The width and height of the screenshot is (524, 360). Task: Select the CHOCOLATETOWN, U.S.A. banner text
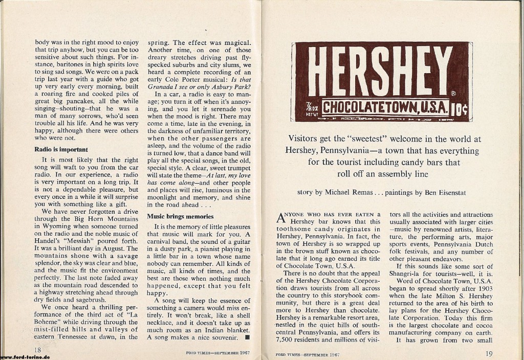pos(386,108)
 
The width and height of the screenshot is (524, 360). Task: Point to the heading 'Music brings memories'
pos(180,216)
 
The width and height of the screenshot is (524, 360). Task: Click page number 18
pos(37,350)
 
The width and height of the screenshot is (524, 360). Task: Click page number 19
pos(490,352)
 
